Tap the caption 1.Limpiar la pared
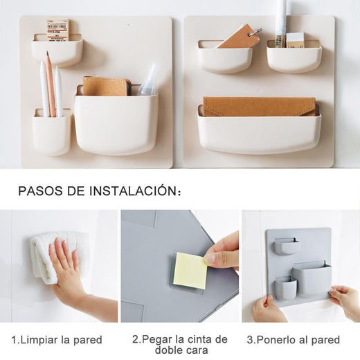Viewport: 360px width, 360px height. pos(57,340)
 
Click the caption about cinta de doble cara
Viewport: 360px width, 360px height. pos(179,345)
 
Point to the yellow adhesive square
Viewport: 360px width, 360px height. pos(190,270)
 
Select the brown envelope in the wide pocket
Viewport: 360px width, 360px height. pos(258,106)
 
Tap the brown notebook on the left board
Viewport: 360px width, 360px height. pos(106,86)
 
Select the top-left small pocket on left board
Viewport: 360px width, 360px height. pos(57,52)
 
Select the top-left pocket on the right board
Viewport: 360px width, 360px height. pos(224,58)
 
